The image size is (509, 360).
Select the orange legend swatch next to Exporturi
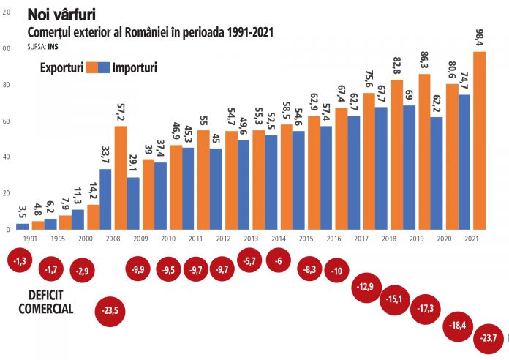point(92,67)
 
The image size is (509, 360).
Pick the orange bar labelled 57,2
point(121,178)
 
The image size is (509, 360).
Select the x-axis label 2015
point(308,239)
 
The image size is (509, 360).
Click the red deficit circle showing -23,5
point(110,310)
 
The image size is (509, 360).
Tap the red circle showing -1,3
point(21,261)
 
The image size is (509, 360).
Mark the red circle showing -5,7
point(249,261)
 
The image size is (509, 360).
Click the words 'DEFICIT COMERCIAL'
point(45,301)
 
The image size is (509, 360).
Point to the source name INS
point(53,45)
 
